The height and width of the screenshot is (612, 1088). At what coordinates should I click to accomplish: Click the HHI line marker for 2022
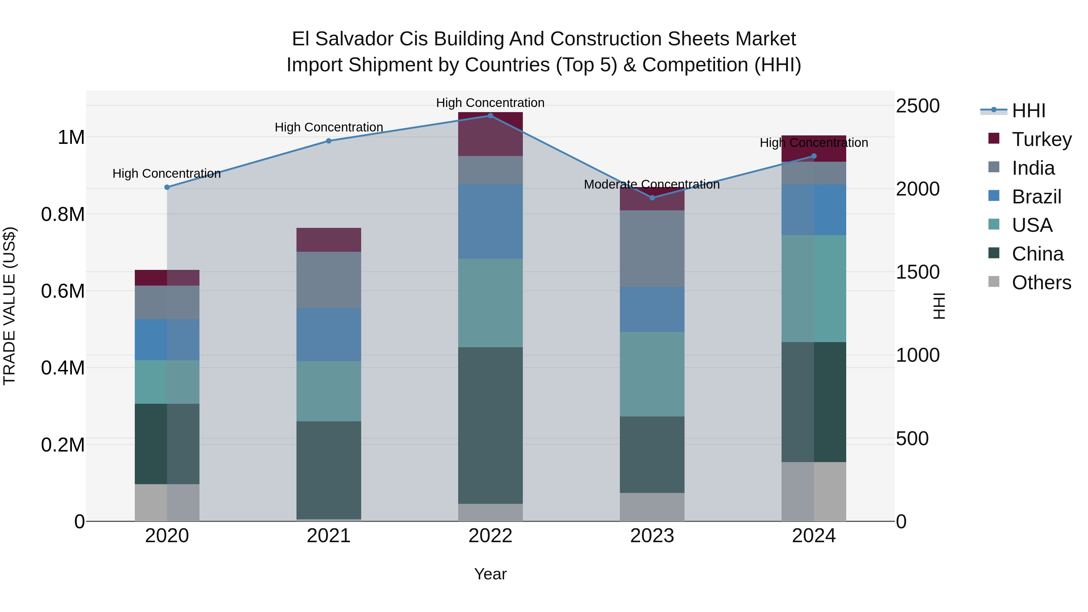click(x=491, y=116)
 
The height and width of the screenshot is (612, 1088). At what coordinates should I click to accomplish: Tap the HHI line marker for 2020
click(x=167, y=187)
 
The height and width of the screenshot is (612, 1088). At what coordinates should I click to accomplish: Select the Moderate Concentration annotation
click(x=651, y=185)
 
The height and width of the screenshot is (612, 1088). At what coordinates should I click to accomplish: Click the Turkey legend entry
click(x=1041, y=139)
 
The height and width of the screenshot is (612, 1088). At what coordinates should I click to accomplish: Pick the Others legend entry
click(x=1041, y=283)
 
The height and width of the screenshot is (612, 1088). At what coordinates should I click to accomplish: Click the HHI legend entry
click(x=1028, y=111)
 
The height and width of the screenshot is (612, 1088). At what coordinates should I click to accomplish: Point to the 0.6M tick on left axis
click(x=63, y=291)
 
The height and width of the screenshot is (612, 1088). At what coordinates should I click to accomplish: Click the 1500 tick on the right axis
click(x=917, y=272)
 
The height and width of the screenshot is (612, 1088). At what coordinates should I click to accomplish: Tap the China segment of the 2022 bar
click(x=491, y=425)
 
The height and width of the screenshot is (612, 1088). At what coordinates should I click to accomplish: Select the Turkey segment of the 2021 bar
click(x=329, y=240)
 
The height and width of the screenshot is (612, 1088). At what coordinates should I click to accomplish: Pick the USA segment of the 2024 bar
click(x=814, y=289)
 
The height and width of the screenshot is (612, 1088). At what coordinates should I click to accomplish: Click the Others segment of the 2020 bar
click(x=167, y=503)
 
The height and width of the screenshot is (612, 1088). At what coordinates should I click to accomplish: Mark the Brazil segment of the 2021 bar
click(x=329, y=335)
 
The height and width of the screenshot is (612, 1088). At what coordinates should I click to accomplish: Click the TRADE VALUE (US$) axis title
click(x=9, y=306)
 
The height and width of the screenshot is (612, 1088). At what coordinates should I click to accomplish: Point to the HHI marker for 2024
click(x=814, y=156)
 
